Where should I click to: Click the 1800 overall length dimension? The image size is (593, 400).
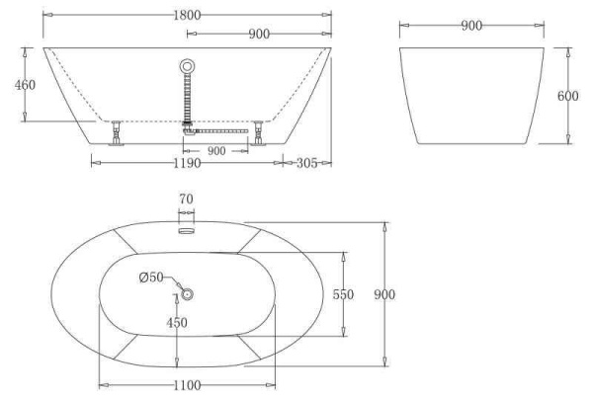pos(187,16)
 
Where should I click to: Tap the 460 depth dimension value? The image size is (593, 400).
pos(25,85)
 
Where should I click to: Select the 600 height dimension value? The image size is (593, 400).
pos(567,96)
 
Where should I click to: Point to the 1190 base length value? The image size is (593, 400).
pos(187,163)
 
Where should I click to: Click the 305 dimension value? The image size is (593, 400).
pos(306,163)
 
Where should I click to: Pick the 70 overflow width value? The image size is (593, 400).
pos(186,199)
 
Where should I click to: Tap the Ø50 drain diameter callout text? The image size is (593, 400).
pos(151,278)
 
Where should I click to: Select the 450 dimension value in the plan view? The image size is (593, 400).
pos(177,323)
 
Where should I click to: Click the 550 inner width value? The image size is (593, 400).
pos(343,294)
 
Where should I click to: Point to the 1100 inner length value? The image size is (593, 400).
pos(187,385)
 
